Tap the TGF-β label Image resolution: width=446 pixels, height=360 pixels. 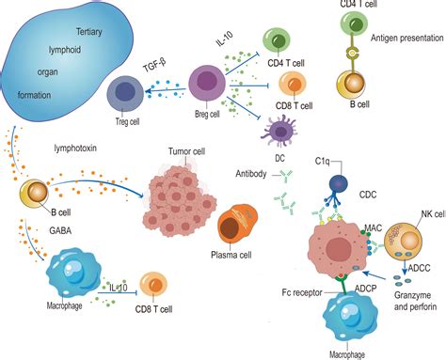point(154,68)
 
